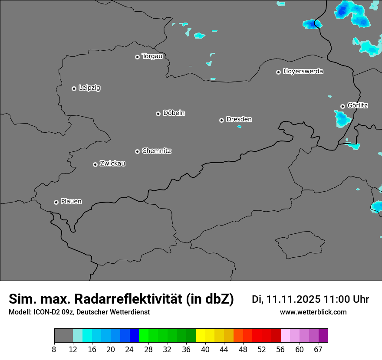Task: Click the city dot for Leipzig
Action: pos(74,88)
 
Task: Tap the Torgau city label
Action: pos(152,56)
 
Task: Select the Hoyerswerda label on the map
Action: pos(303,72)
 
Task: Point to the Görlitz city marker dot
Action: pos(342,106)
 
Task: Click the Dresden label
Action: pos(239,119)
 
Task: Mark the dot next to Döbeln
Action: pos(158,114)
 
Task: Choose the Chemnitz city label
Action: pos(156,151)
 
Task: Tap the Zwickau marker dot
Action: pos(95,164)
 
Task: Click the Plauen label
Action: pos(71,202)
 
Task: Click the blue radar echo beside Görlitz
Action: pos(342,118)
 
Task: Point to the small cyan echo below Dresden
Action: pos(239,127)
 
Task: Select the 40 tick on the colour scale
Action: pos(205,349)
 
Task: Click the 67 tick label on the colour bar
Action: pos(318,349)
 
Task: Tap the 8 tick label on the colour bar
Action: pos(54,349)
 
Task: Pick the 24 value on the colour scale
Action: pos(129,349)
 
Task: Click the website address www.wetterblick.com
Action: pos(313,312)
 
